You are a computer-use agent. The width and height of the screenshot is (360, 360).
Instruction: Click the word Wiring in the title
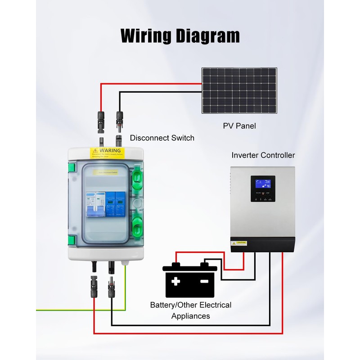point(145,35)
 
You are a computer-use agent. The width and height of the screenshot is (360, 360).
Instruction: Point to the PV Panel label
point(239,126)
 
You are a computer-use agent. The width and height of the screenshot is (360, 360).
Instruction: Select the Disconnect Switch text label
point(162,138)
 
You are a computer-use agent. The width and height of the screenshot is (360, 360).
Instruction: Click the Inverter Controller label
point(263,155)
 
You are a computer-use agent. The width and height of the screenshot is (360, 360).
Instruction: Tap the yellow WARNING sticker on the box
point(106,152)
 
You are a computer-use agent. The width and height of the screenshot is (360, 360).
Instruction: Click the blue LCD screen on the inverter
point(263,184)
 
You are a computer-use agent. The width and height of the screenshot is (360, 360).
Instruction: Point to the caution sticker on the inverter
point(239,243)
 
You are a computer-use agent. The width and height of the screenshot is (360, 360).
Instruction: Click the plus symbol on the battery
point(175,282)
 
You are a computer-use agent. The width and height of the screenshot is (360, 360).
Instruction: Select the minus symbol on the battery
point(204,282)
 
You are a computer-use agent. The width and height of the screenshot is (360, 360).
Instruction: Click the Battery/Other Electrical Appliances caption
point(191,310)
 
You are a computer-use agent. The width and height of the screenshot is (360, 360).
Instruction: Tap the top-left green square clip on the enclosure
point(71,169)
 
